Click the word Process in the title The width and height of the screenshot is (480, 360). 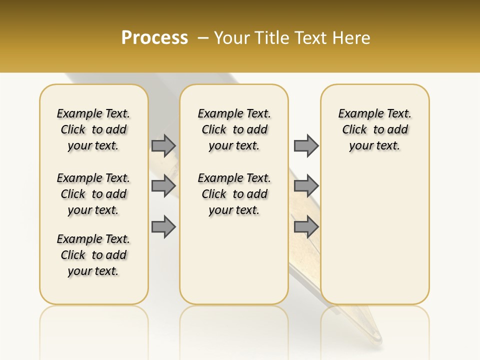click(154, 38)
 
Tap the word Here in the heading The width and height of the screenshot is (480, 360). click(351, 38)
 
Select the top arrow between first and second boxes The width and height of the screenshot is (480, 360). click(163, 145)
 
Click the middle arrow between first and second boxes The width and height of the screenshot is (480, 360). click(163, 186)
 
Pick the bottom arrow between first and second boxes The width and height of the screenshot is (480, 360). click(163, 227)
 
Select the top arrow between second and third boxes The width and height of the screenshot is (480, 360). click(306, 145)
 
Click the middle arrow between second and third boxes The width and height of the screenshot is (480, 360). click(306, 186)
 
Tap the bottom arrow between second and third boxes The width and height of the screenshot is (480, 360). click(306, 227)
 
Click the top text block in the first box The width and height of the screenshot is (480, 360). click(93, 129)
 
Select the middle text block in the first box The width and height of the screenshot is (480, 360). click(93, 194)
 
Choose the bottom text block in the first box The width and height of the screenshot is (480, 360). click(93, 255)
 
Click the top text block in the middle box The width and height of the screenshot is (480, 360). click(234, 129)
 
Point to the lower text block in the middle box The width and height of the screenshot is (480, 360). click(234, 194)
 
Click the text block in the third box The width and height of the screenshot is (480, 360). click(374, 129)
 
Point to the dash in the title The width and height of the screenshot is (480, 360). click(203, 38)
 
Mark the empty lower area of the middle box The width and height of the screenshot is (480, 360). click(234, 260)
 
